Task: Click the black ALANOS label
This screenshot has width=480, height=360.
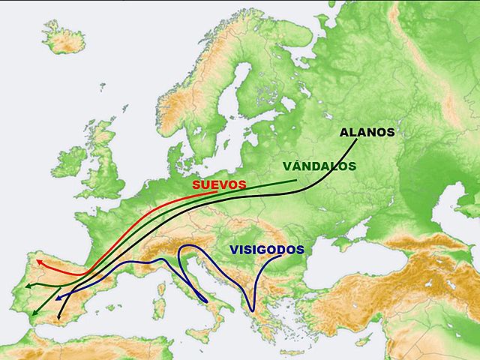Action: click(x=367, y=133)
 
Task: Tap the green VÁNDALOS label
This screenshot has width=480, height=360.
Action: click(x=319, y=166)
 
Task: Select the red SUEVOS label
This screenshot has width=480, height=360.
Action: click(x=219, y=184)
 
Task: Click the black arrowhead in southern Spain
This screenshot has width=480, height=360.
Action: click(x=58, y=318)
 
